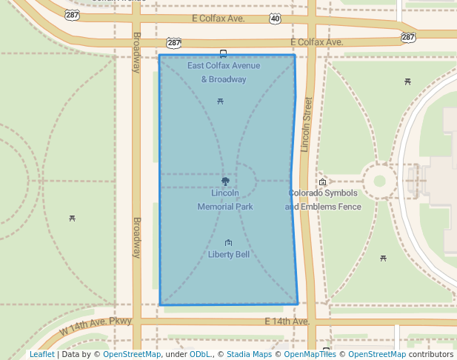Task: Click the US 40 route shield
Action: (275, 18)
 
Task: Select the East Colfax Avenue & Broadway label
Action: (217, 73)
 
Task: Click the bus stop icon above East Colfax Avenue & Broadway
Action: (223, 53)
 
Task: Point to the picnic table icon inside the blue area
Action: (220, 101)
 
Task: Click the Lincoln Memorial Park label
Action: (225, 200)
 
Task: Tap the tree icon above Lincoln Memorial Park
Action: (225, 181)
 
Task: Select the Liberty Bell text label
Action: (228, 255)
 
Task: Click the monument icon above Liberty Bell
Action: (228, 243)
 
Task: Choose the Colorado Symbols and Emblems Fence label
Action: (323, 200)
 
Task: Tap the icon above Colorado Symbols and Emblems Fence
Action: (323, 182)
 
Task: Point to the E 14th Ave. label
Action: (287, 321)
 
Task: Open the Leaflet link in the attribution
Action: (41, 355)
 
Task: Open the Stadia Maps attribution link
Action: (249, 355)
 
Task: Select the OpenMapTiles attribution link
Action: (311, 355)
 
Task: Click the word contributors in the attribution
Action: (430, 355)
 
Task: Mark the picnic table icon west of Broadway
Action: (72, 218)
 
